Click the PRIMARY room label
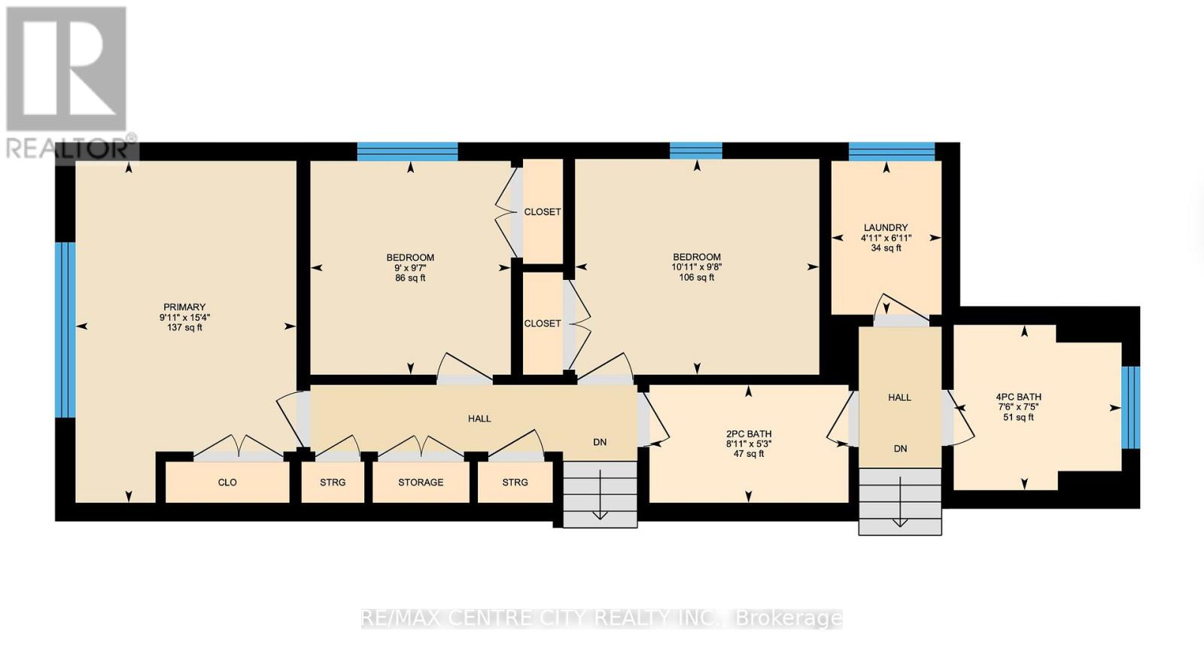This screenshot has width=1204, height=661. tap(184, 307)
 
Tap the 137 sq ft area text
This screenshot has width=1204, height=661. tap(184, 327)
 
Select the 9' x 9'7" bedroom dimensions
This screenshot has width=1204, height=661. tap(410, 268)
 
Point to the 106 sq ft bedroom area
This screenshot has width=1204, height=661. tap(697, 278)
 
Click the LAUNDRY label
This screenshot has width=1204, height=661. tap(886, 227)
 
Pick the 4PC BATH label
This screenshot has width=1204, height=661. tap(1018, 398)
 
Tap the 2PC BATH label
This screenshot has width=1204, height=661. tap(748, 434)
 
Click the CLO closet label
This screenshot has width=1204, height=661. tap(227, 483)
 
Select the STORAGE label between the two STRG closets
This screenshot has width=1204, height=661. tap(421, 483)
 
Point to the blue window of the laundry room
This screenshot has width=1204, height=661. tap(892, 151)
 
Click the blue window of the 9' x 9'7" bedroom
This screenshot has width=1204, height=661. tap(407, 151)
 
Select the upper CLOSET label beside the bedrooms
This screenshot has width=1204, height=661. tap(543, 212)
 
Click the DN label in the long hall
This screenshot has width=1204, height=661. tap(600, 443)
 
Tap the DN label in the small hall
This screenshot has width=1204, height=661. tap(900, 449)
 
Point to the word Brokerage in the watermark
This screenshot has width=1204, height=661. tap(788, 619)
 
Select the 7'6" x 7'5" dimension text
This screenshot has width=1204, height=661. tap(1018, 407)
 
